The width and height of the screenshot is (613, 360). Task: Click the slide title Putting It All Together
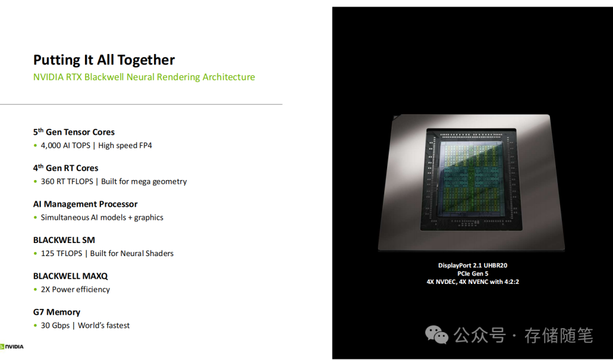[x=104, y=60]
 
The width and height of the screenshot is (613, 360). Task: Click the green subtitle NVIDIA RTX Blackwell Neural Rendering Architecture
[x=144, y=77]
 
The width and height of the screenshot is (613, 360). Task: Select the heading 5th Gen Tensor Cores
[x=74, y=132]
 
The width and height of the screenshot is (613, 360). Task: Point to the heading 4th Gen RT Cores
[x=65, y=168]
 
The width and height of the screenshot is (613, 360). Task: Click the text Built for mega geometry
[x=144, y=182]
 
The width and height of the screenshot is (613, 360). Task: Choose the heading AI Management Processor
[x=85, y=204]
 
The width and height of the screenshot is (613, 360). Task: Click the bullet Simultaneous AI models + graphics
[x=102, y=217]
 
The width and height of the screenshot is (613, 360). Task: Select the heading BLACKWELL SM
[x=64, y=240]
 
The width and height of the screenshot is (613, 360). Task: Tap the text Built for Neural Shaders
[x=132, y=253]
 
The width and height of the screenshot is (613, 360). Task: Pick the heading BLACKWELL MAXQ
[x=70, y=276]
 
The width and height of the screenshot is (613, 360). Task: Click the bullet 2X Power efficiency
[x=75, y=290]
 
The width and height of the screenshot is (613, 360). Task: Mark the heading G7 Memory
[x=57, y=312]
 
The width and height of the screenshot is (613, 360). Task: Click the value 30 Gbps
[x=55, y=325]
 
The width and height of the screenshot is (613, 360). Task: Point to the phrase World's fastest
[x=104, y=325]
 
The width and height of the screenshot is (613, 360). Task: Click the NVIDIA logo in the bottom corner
[x=12, y=346]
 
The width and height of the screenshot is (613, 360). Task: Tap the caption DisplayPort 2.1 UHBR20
[x=472, y=266]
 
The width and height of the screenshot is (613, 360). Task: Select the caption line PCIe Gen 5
[x=472, y=274]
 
